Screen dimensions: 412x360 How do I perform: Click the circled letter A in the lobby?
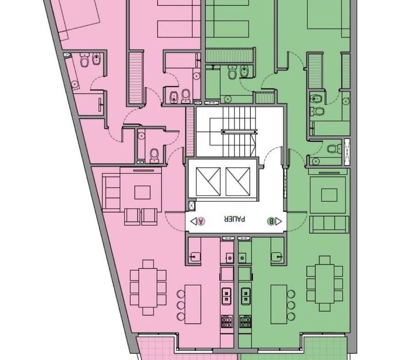(x=201, y=221)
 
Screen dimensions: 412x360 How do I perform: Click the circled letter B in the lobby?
(x=271, y=221)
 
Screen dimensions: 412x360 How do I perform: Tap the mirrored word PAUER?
(x=235, y=219)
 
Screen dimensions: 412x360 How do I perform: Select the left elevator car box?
(x=208, y=182)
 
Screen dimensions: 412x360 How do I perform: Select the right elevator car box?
(x=238, y=182)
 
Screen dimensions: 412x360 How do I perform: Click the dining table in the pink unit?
(x=148, y=288)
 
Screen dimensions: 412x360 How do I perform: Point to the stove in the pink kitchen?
(x=227, y=321)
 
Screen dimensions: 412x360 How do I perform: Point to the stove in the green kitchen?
(x=245, y=321)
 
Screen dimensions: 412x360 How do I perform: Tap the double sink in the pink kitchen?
(x=226, y=296)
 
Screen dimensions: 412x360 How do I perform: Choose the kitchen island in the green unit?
(x=279, y=304)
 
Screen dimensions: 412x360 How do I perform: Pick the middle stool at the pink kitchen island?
(x=181, y=305)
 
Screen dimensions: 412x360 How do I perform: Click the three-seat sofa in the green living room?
(x=329, y=224)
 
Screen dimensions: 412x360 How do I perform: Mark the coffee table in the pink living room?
(x=143, y=192)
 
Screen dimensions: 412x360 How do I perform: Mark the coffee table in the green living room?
(x=329, y=195)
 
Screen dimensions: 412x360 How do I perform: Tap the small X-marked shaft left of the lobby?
(x=192, y=206)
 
